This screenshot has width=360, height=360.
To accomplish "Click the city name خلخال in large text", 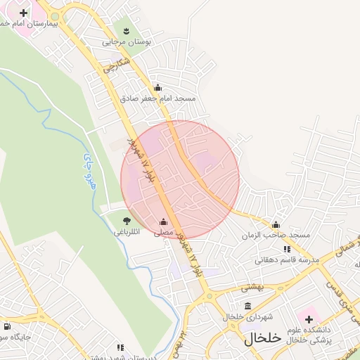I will pos(263,338).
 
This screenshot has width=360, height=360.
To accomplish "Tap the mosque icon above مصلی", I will pos(164,222).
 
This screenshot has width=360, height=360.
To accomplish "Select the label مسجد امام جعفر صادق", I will pos(157,98).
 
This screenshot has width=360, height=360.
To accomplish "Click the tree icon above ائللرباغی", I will pos(127,221).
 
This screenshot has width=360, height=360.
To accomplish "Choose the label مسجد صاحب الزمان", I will pos(274,235).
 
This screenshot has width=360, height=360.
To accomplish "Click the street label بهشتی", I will pos(252,287).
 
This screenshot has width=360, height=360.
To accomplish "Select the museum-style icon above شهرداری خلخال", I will pos(247,306).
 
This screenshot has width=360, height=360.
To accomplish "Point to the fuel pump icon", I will pos(7,326).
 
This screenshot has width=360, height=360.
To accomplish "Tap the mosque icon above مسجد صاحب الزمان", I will pos(275,225).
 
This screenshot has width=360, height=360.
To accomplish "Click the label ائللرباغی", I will pos(127,231).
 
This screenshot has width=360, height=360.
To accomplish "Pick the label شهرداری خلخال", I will pos(247,317).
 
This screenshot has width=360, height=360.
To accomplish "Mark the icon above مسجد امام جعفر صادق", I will pos(157,88).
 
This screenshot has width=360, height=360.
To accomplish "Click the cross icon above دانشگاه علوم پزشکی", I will pos(309,320).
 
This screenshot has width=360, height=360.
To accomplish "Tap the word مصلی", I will pos(163,233).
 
